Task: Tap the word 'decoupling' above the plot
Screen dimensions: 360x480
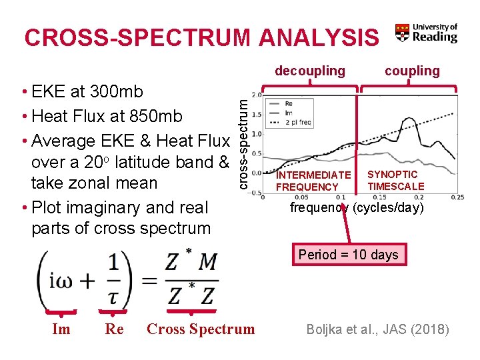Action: (x=310, y=71)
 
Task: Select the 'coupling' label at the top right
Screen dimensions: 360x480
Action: (x=412, y=71)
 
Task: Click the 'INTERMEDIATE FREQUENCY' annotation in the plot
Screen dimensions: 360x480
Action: (x=313, y=181)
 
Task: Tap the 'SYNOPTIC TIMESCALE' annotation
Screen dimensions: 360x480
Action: (x=395, y=180)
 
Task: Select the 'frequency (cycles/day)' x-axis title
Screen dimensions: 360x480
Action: (x=356, y=207)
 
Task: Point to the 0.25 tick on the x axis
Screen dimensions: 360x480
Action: (x=457, y=197)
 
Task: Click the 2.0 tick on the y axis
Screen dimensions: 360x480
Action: (x=256, y=95)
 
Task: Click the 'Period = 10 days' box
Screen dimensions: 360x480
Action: (x=348, y=254)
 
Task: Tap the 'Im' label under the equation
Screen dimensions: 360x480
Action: (x=61, y=329)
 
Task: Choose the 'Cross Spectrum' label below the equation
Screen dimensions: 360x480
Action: (x=201, y=329)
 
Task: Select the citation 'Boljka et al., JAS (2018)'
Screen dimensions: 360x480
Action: (x=377, y=329)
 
